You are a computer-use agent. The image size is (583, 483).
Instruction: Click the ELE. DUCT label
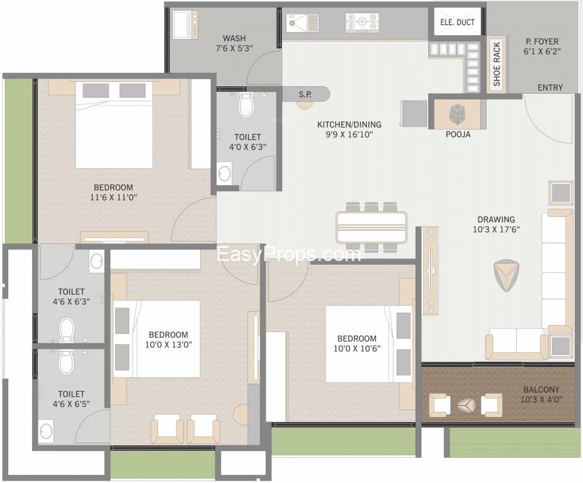457,22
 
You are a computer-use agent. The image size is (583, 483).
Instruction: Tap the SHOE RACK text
497,64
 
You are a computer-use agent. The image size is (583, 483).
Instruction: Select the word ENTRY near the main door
550,87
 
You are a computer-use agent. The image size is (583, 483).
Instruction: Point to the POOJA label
458,135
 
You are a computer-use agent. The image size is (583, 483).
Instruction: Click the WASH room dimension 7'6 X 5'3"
234,48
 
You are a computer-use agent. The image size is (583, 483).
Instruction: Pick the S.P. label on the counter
305,95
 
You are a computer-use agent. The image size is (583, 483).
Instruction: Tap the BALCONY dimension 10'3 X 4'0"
541,400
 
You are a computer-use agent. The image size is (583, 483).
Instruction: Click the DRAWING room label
496,219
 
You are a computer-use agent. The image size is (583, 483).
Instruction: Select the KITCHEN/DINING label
349,125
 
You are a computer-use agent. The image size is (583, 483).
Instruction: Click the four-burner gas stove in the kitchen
362,22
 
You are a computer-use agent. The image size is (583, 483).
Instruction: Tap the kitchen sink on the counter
302,23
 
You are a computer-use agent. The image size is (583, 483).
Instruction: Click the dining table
371,228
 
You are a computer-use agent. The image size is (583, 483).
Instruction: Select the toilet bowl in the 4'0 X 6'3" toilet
246,105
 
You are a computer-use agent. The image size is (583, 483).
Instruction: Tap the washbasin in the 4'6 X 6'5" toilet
47,431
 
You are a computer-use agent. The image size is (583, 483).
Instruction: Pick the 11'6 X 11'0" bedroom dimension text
113,197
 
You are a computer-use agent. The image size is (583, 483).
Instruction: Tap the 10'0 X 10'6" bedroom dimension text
357,348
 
